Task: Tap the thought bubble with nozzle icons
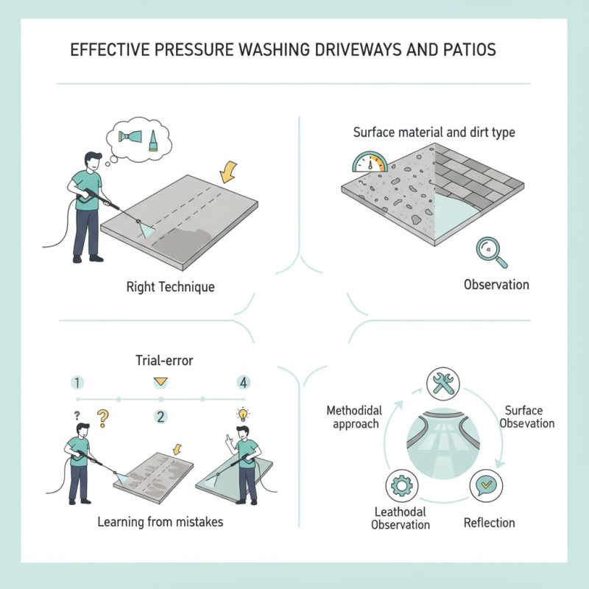pos(139,138)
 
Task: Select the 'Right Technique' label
pos(171,286)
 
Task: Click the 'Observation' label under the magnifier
pos(496,285)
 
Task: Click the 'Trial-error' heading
pos(160,361)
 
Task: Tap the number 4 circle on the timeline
pos(244,382)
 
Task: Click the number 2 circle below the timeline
pos(161,417)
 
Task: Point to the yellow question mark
pos(103,419)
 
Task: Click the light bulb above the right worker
pos(239,414)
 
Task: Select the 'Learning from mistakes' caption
pos(161,522)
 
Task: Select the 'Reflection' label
pos(489,523)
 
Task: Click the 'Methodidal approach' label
pos(351,417)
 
